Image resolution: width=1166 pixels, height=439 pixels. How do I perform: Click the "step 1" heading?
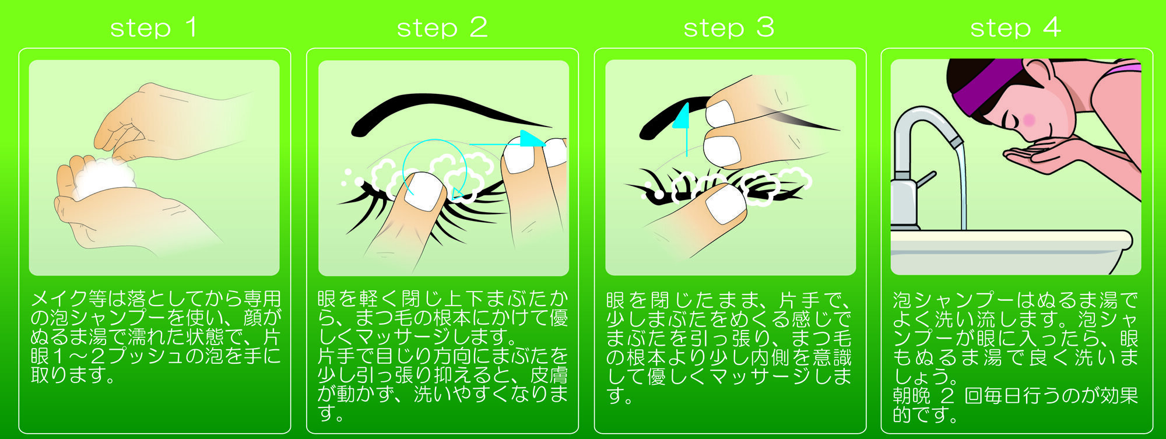point(153,27)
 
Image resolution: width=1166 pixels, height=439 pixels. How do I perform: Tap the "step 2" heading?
point(442,27)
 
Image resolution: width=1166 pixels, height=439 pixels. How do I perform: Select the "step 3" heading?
point(729,27)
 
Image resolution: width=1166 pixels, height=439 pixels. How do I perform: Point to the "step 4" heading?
point(1016,27)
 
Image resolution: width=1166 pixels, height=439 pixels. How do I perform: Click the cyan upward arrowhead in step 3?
point(682,115)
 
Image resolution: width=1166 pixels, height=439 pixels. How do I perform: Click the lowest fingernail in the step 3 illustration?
point(726,204)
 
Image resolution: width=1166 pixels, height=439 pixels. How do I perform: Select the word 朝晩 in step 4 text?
point(911,396)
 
